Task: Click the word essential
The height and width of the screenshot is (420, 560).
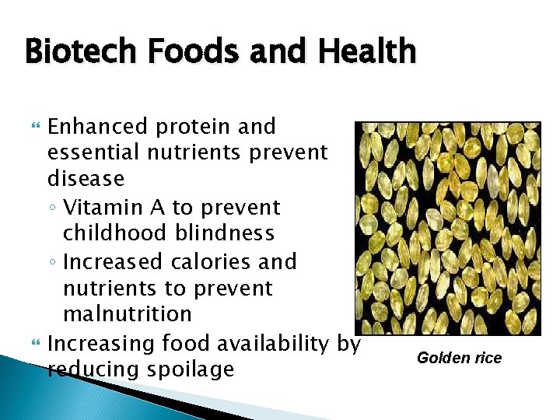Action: coord(97,152)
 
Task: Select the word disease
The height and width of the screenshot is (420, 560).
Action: coord(86,178)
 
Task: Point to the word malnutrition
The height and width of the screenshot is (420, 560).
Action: coord(127,314)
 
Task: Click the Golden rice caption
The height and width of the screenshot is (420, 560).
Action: coord(459,358)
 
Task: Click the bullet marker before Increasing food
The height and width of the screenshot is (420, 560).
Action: coord(32,342)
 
